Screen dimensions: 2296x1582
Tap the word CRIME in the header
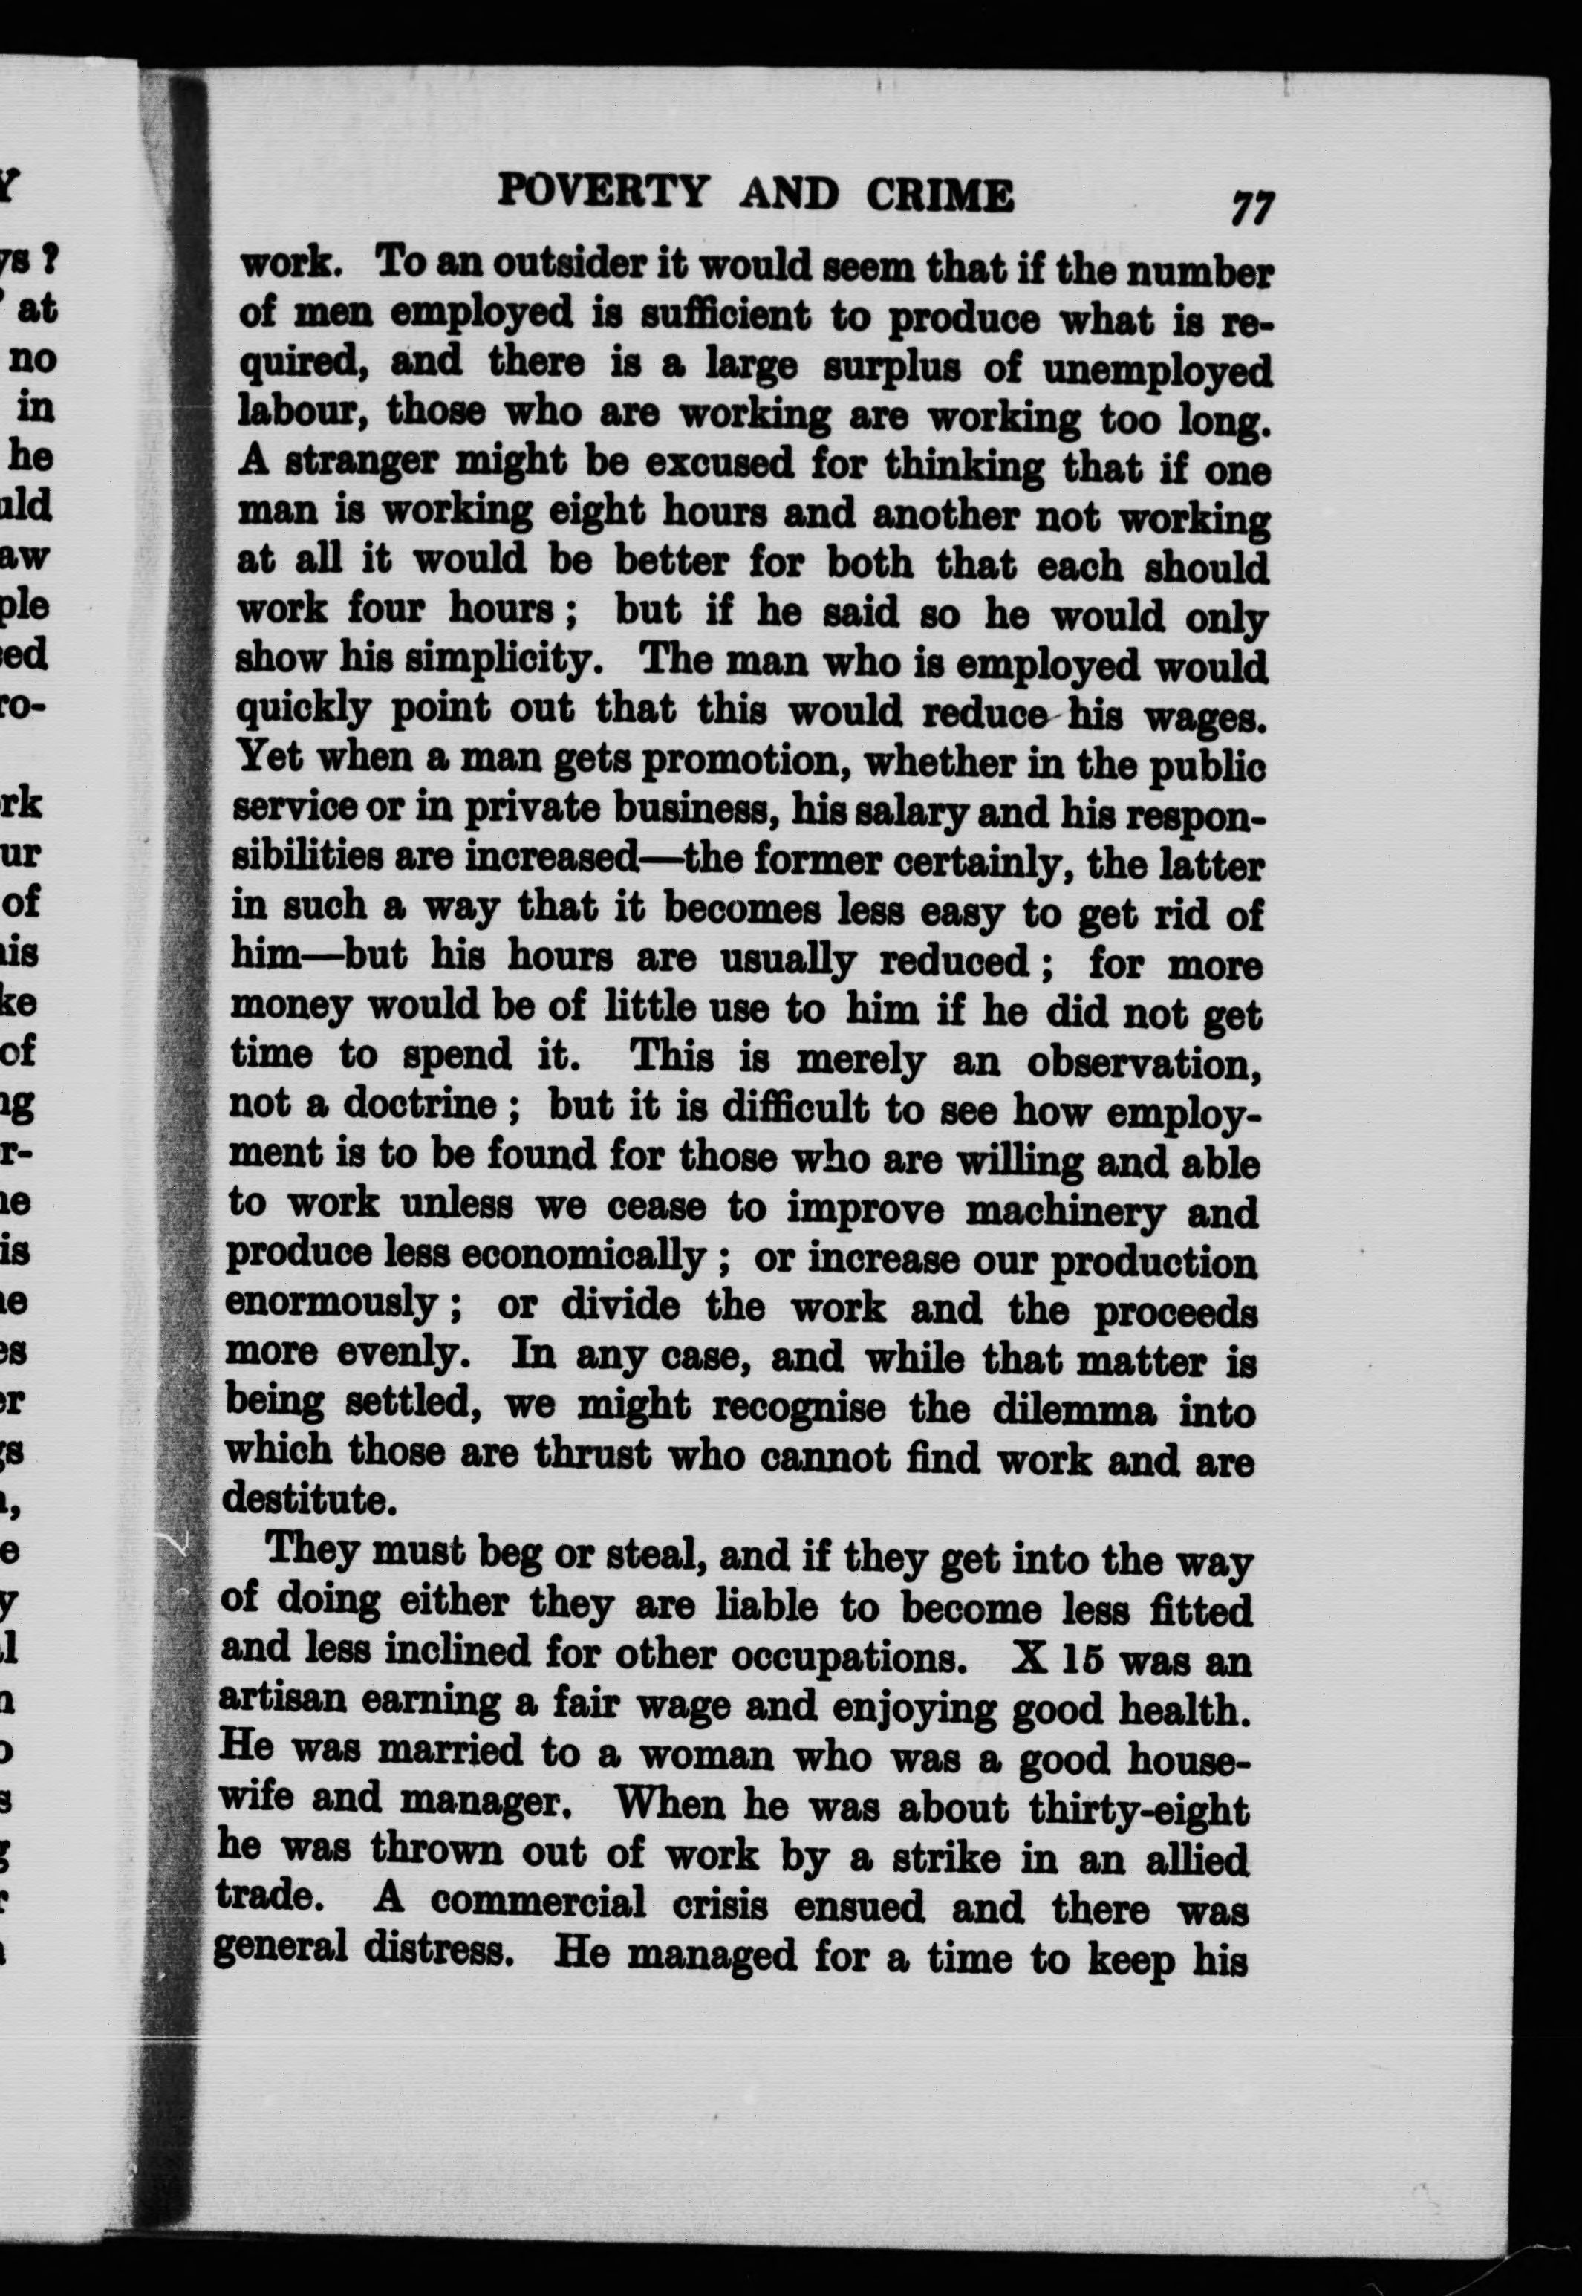(x=940, y=195)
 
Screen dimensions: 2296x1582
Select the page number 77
(x=1251, y=207)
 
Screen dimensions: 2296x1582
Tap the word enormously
(x=331, y=1303)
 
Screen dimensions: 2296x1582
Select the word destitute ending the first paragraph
(x=308, y=1499)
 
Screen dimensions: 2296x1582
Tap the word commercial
(x=538, y=1902)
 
